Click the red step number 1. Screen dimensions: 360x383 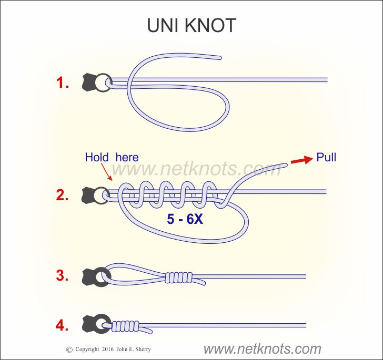pyautogui.click(x=63, y=83)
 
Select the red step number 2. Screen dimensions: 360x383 pyautogui.click(x=63, y=196)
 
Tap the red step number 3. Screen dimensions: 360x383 pyautogui.click(x=63, y=275)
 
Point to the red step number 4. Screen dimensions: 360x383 pyautogui.click(x=63, y=325)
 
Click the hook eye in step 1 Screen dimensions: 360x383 pyautogui.click(x=104, y=83)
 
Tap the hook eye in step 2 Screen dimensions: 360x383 pyautogui.click(x=100, y=196)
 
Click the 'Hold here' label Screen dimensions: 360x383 pyautogui.click(x=112, y=157)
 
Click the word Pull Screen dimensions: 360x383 pyautogui.click(x=326, y=157)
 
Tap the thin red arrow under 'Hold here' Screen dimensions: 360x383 pyautogui.click(x=106, y=173)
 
